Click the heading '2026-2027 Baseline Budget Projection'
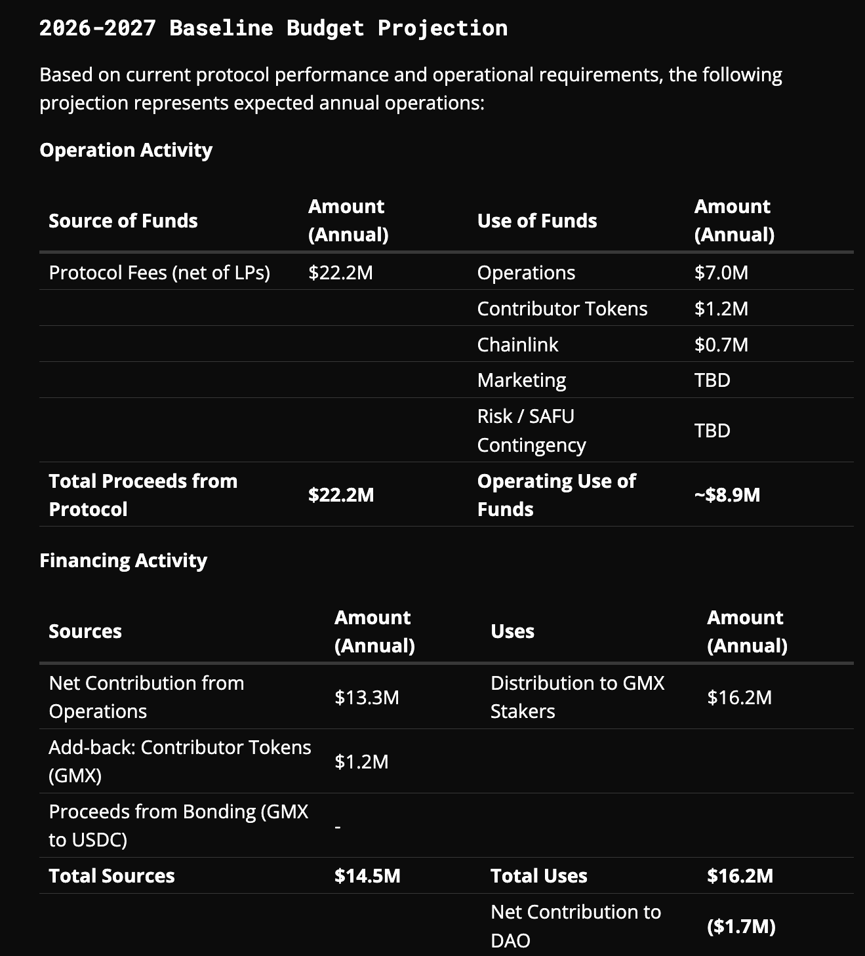tap(273, 28)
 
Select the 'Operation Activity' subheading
tap(126, 150)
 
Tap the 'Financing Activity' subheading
tap(123, 561)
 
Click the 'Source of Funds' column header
tap(123, 221)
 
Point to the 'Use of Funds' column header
tap(537, 221)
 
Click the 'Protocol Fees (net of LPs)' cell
tap(159, 273)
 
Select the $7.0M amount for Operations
tap(721, 273)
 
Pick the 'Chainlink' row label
tap(517, 345)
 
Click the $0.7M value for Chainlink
tap(721, 345)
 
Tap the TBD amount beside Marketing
tap(712, 380)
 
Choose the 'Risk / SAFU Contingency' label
tap(531, 431)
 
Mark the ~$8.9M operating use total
tap(727, 495)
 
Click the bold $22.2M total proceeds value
tap(341, 495)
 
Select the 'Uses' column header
tap(512, 631)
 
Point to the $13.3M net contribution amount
tap(367, 697)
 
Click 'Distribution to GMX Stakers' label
tap(577, 697)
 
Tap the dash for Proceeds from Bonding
tap(338, 827)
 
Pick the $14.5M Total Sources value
tap(367, 876)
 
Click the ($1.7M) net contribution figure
tap(741, 926)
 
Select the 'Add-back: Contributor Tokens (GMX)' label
tap(180, 761)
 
